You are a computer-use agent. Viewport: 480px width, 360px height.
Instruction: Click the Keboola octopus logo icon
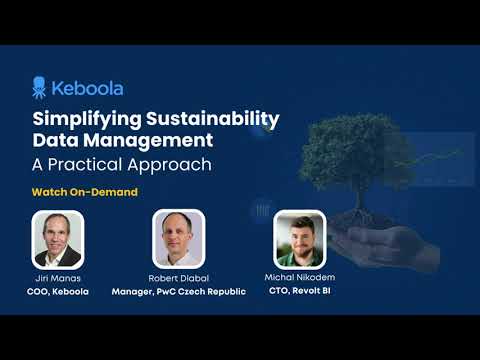[41, 87]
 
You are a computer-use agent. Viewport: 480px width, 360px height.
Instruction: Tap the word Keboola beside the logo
[89, 88]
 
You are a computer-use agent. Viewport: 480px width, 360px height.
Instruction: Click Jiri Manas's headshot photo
[57, 238]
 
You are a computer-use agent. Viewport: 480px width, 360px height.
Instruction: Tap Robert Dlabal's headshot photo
[179, 238]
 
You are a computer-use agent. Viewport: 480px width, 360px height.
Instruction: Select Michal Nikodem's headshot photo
[299, 238]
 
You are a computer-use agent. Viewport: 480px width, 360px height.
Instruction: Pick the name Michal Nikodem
[299, 275]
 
